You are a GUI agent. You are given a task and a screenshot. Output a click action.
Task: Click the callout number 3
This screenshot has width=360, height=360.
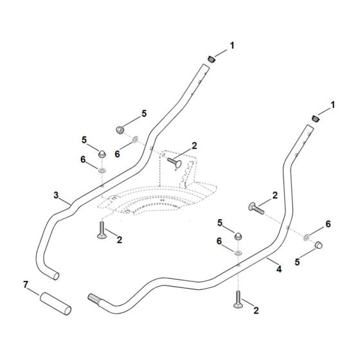click(x=57, y=195)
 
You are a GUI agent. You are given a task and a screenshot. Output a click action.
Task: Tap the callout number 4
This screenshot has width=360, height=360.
click(x=279, y=269)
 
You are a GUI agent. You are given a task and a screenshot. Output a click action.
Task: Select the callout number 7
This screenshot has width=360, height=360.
click(x=26, y=285)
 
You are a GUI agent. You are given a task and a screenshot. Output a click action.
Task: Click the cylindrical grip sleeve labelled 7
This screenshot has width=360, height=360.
click(x=55, y=303)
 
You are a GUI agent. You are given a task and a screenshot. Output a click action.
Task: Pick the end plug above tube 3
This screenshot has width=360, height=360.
click(x=212, y=59)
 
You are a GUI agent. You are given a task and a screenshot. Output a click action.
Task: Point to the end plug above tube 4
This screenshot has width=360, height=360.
click(x=316, y=119)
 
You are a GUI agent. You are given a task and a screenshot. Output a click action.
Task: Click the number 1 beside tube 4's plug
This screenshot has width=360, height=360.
click(x=333, y=105)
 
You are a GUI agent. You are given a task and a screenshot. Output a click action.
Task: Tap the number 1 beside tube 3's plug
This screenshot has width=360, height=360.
click(x=232, y=46)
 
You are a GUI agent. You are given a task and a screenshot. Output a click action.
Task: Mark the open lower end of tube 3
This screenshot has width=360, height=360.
click(x=56, y=276)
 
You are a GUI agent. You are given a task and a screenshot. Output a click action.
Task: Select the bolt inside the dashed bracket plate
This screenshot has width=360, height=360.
click(x=174, y=163)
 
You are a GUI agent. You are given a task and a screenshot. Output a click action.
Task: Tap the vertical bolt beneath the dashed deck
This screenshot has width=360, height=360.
click(x=102, y=230)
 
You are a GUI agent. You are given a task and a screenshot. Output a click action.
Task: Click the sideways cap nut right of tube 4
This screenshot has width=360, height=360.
click(x=318, y=245)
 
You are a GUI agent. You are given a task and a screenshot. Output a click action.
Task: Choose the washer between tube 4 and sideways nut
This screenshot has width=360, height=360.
click(x=306, y=237)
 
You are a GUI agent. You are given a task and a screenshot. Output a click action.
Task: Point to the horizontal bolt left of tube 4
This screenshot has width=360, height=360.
click(x=256, y=208)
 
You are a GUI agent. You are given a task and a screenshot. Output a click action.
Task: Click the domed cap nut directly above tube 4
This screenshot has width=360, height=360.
click(x=238, y=236)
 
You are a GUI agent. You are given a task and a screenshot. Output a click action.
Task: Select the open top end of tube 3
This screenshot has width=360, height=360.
click(x=206, y=65)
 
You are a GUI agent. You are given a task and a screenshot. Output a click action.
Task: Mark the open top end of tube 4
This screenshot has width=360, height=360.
click(x=310, y=125)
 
